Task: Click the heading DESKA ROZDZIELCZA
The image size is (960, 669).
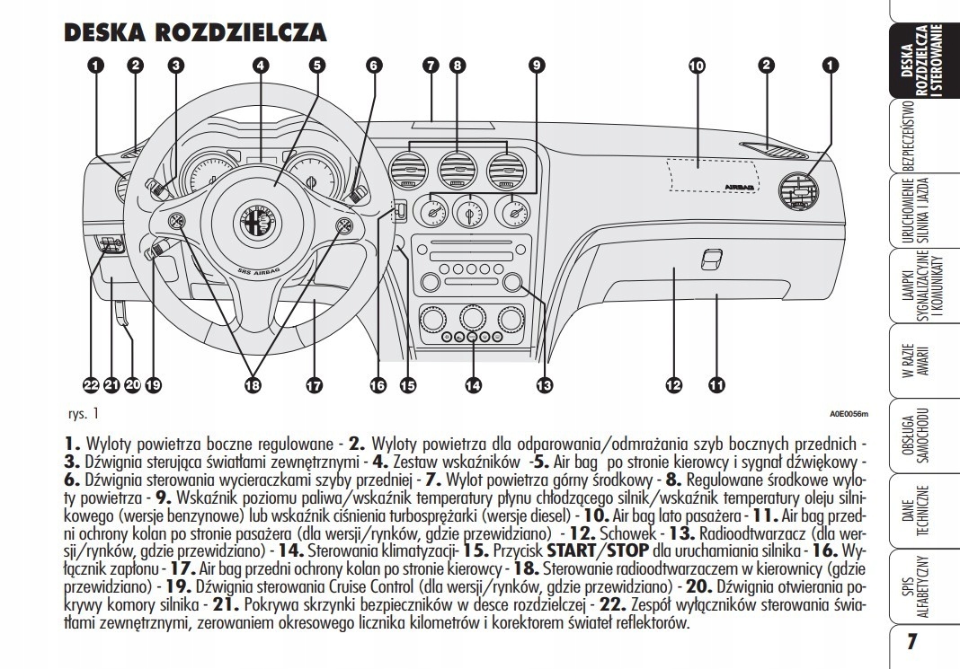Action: [x=195, y=33]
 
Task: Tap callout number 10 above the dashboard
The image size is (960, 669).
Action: [x=696, y=64]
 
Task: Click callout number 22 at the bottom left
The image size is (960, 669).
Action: [x=90, y=385]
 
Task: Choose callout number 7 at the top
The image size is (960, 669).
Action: [x=431, y=64]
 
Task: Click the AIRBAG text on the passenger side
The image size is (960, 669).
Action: [x=739, y=187]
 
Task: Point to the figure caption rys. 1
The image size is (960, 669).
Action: [x=83, y=415]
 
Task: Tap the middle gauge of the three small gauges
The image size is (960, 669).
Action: [x=468, y=213]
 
